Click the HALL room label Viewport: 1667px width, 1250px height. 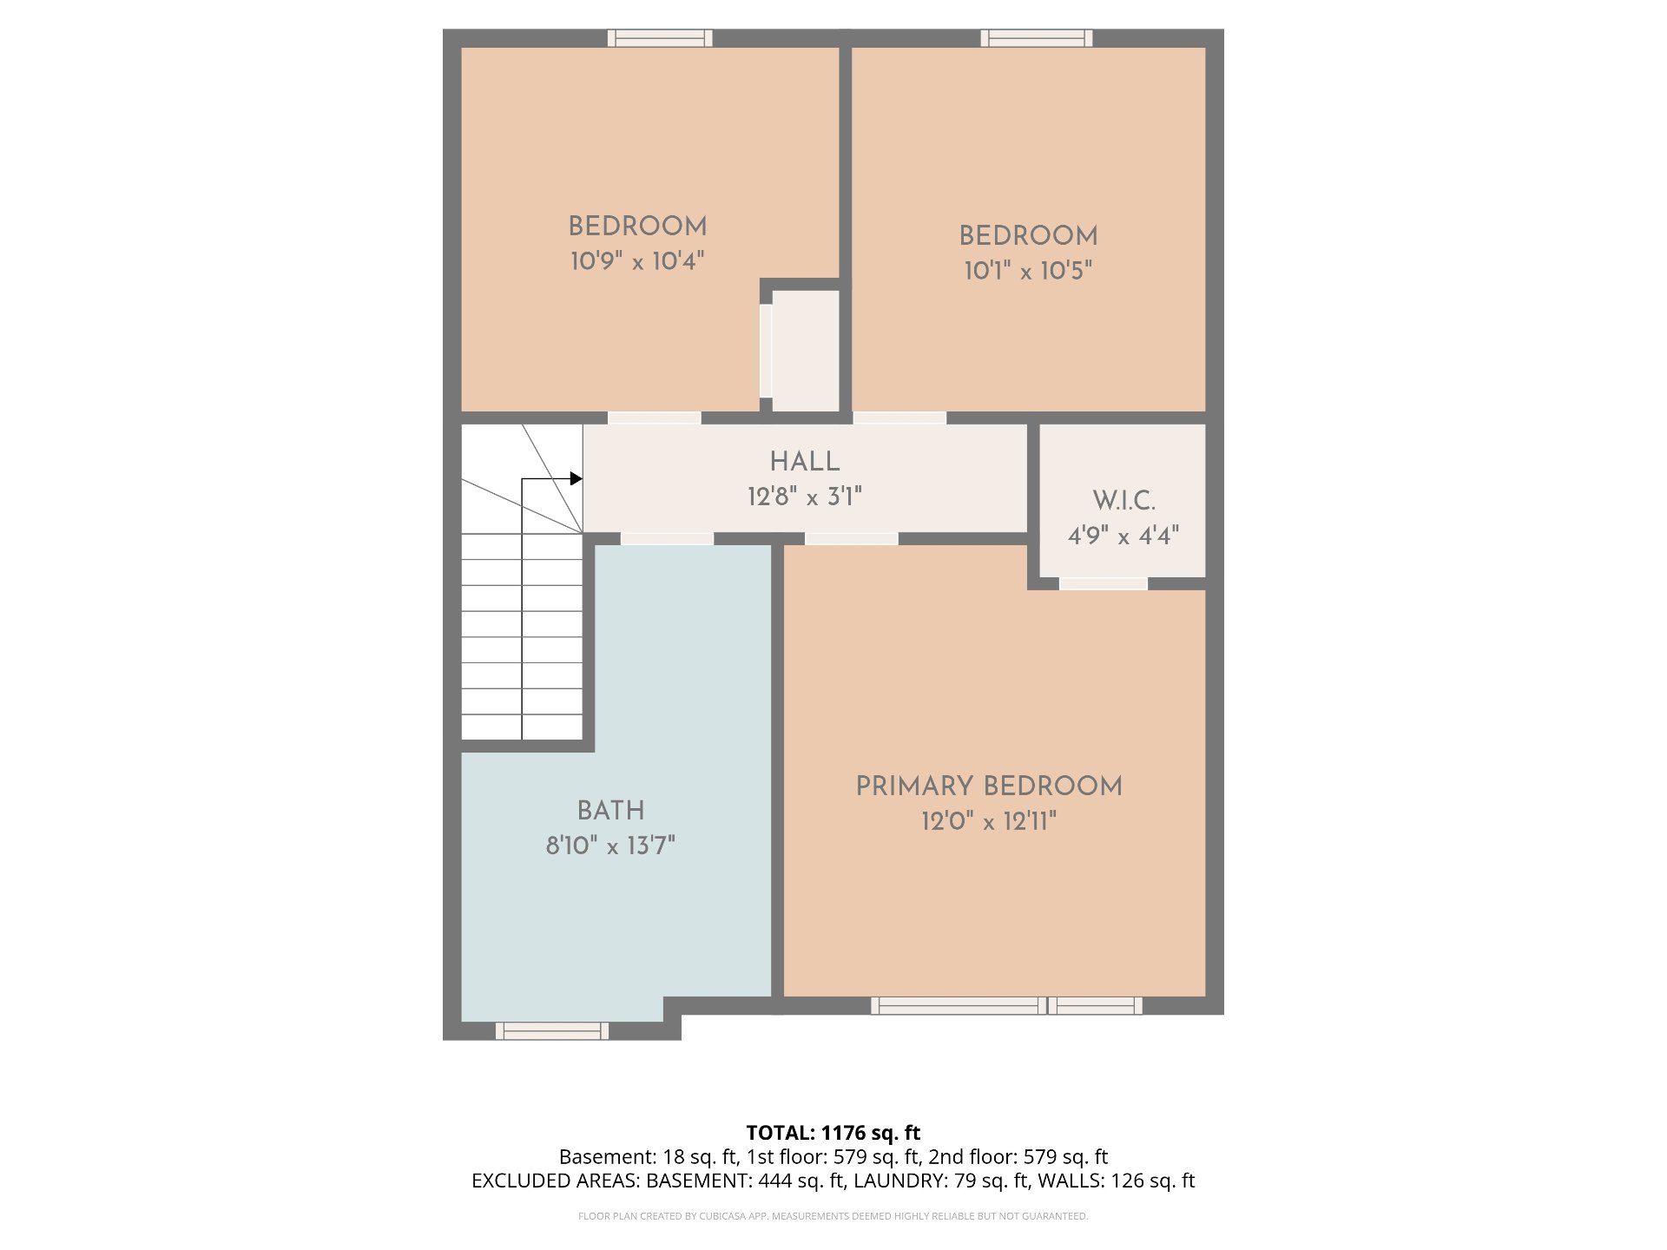pyautogui.click(x=805, y=462)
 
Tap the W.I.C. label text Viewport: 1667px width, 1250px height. pyautogui.click(x=1123, y=501)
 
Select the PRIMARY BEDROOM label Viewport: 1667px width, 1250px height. pyautogui.click(x=989, y=786)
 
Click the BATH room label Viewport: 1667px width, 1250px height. pyautogui.click(x=611, y=811)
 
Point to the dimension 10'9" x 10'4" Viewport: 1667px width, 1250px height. pyautogui.click(x=637, y=260)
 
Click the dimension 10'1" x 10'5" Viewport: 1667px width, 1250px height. pyautogui.click(x=1028, y=270)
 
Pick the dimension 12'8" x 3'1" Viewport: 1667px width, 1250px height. pyautogui.click(x=805, y=497)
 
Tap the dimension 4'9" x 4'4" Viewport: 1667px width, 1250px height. pyautogui.click(x=1123, y=536)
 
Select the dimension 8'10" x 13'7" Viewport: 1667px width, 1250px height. pyautogui.click(x=610, y=845)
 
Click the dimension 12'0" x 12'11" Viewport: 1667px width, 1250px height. pyautogui.click(x=989, y=821)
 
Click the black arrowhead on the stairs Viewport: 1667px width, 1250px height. pyautogui.click(x=576, y=478)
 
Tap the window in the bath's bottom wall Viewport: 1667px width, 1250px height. pyautogui.click(x=552, y=1030)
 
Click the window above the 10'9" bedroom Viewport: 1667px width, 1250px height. pyautogui.click(x=660, y=38)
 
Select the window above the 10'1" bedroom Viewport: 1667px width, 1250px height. pyautogui.click(x=1037, y=38)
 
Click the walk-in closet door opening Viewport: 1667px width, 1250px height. pyautogui.click(x=1104, y=583)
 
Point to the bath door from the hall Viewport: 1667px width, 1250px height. pyautogui.click(x=667, y=539)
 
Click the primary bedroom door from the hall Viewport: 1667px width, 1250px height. pyautogui.click(x=852, y=539)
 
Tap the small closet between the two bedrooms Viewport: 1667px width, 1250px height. pyautogui.click(x=805, y=351)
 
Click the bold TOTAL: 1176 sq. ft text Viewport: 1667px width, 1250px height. pyautogui.click(x=833, y=1133)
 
